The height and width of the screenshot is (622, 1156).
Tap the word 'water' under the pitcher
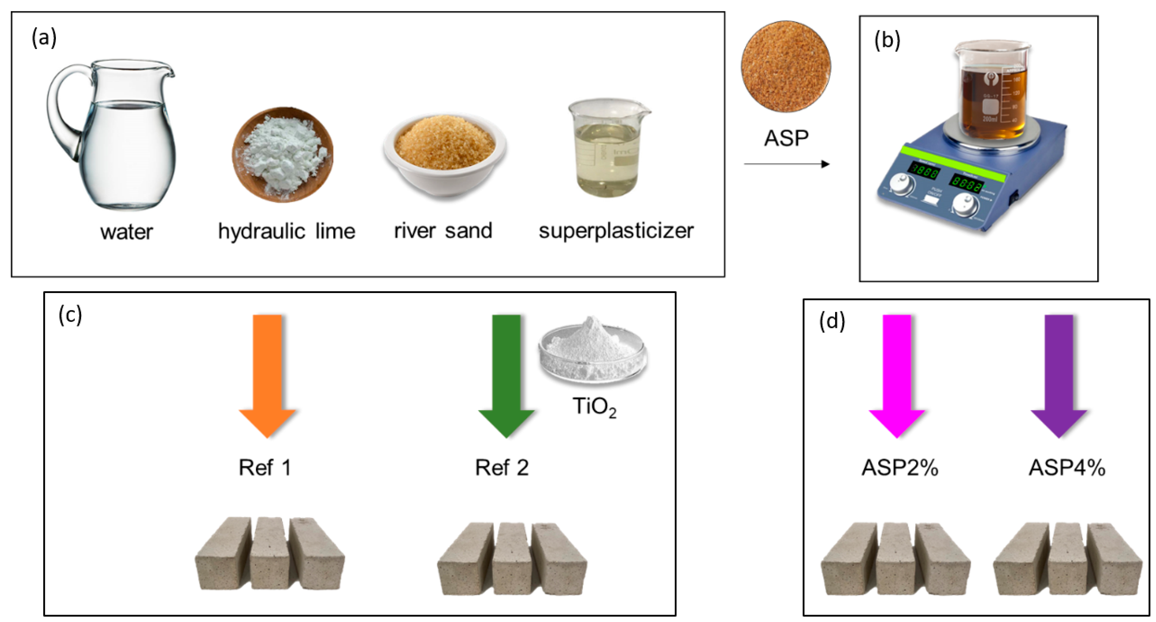[x=126, y=232]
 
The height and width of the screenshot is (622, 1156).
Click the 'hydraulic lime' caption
[x=286, y=231]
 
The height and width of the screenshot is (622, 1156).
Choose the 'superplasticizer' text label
[x=616, y=231]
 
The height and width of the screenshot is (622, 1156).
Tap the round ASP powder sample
[x=785, y=66]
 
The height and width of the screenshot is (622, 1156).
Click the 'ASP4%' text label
[x=1067, y=468]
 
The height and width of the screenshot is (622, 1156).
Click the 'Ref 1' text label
[x=265, y=468]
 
